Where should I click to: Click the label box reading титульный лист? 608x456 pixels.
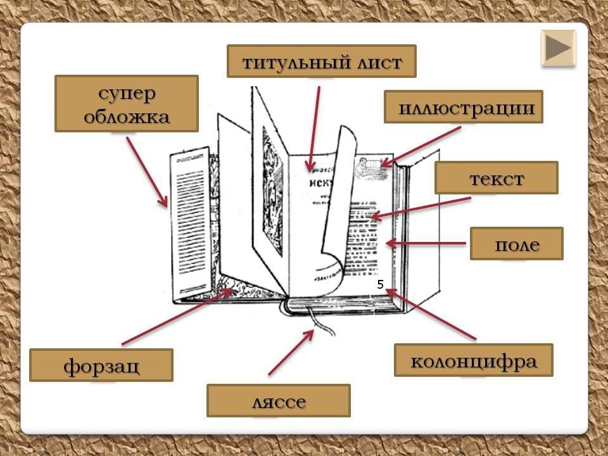[x=321, y=61]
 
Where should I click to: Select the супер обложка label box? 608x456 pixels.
[x=127, y=104]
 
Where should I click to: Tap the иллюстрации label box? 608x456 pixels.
[x=463, y=107]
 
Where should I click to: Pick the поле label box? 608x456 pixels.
[x=516, y=244]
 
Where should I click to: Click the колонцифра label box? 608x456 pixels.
[x=473, y=360]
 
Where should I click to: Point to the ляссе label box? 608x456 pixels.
[x=278, y=400]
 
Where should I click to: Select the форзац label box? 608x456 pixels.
[x=101, y=365]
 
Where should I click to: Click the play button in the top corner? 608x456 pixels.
[x=559, y=47]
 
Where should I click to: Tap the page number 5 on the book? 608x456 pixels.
[x=380, y=285]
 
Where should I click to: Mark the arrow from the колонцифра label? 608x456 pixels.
[x=431, y=313]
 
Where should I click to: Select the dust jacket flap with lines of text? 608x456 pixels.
[x=189, y=225]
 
